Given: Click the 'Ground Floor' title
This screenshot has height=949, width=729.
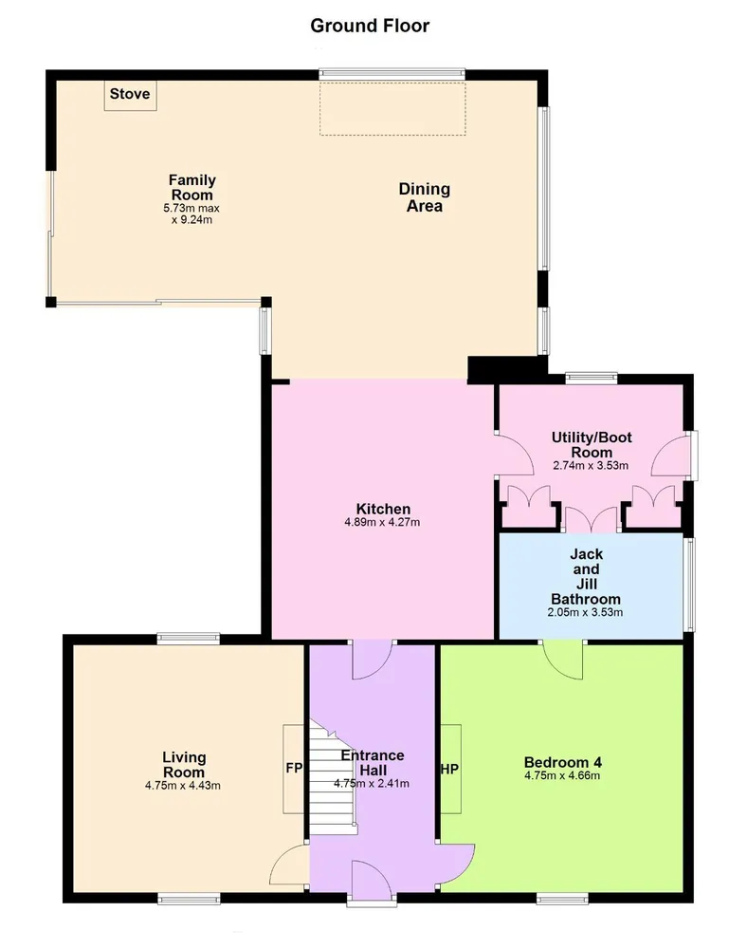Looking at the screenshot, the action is click(x=370, y=26).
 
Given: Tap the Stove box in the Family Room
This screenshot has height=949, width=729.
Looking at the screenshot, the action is click(x=130, y=95).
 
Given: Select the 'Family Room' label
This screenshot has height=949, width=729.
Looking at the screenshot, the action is click(x=191, y=188).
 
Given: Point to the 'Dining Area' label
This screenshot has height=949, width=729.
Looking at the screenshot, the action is click(x=425, y=197).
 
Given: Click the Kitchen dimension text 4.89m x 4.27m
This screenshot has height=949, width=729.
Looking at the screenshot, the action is click(x=382, y=522).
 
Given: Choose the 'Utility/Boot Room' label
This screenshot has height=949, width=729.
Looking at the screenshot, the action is click(x=592, y=445).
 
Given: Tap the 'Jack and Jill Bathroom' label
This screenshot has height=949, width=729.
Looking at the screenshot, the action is click(x=586, y=576).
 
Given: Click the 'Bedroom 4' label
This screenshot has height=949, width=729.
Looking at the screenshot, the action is click(x=563, y=763).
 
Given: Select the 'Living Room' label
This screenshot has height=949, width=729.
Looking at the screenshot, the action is click(x=184, y=765).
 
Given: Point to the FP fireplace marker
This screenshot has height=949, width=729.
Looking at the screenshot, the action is click(x=294, y=769).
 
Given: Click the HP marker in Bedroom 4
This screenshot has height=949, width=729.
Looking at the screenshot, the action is click(x=450, y=769).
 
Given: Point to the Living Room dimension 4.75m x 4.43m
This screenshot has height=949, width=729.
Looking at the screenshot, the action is click(x=183, y=786).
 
